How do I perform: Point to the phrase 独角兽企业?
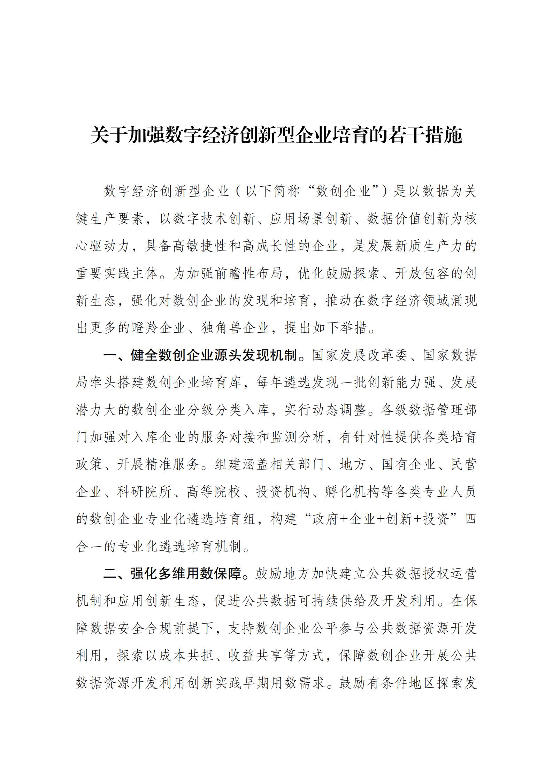coord(236,328)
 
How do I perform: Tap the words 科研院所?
coord(145,492)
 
